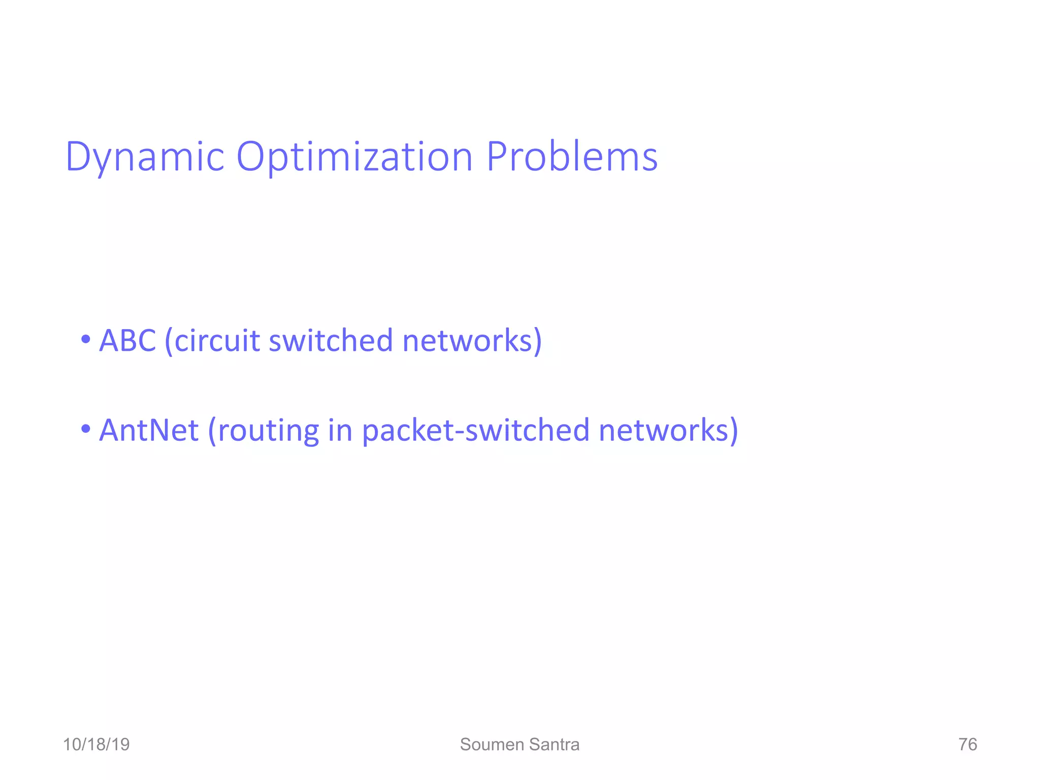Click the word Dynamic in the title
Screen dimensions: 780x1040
click(x=145, y=157)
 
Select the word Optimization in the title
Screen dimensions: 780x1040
click(x=355, y=157)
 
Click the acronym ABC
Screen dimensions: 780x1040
click(x=127, y=340)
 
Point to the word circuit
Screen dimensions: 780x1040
click(x=217, y=340)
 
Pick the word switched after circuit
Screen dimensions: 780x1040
click(x=331, y=340)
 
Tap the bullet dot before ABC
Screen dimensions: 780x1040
click(x=86, y=339)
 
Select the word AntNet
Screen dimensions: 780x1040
click(x=148, y=430)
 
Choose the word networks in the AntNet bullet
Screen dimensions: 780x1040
click(x=664, y=430)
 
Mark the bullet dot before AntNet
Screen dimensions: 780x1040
click(x=86, y=429)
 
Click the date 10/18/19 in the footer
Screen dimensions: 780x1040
click(x=96, y=744)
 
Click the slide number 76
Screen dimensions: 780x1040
click(x=967, y=744)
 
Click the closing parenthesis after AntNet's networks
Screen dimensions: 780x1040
click(x=733, y=431)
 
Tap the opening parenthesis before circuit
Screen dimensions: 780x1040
click(x=169, y=341)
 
